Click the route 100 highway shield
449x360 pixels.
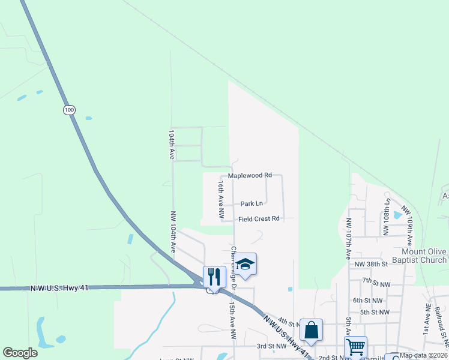tap(69, 110)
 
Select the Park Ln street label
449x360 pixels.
tap(252, 204)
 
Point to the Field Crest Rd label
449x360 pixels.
tap(259, 219)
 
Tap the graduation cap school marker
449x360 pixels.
tap(245, 264)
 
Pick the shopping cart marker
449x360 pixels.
tap(355, 347)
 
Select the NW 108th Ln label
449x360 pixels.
tap(388, 215)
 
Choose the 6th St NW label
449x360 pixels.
tap(367, 301)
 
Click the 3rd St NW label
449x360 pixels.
tap(271, 346)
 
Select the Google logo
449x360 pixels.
tap(20, 353)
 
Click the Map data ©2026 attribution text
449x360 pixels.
tap(423, 355)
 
